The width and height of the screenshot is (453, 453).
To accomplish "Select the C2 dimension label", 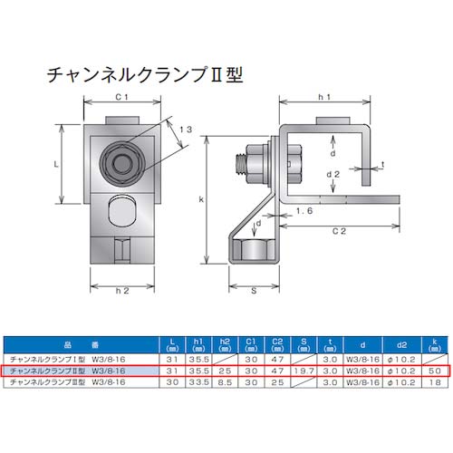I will (x=338, y=232).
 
